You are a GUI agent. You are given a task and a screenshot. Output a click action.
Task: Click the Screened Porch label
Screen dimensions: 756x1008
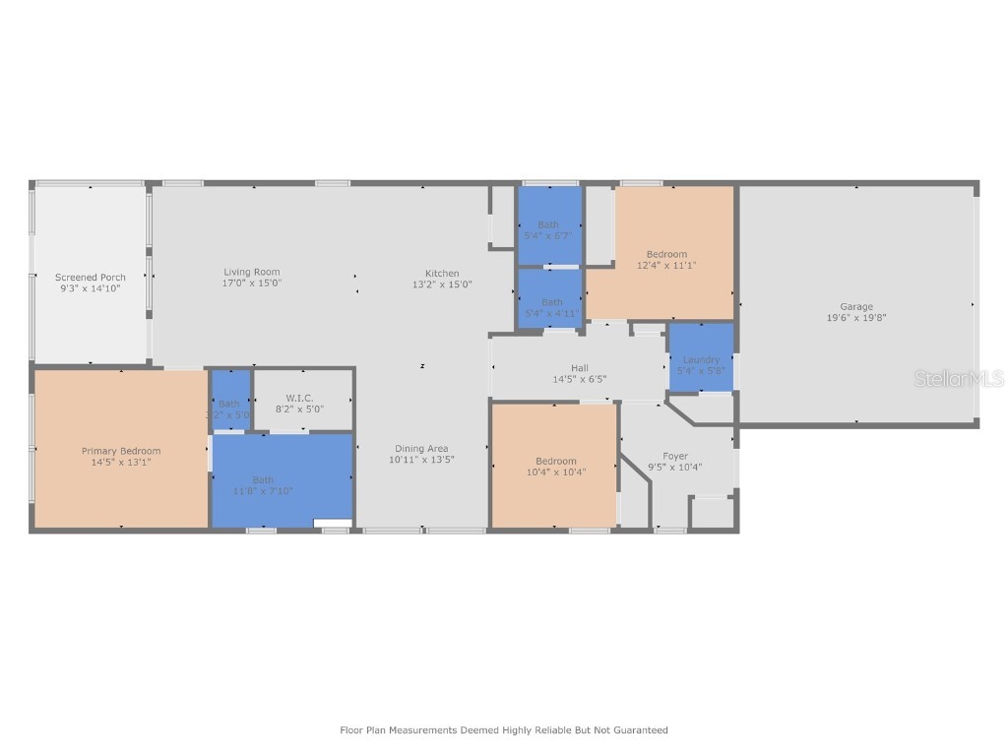91,278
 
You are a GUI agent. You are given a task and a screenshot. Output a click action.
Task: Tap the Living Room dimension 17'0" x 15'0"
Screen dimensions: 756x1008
252,283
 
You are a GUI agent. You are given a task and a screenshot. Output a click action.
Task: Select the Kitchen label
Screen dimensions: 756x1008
442,274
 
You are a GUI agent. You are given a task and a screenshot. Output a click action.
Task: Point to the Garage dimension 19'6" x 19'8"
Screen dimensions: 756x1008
856,318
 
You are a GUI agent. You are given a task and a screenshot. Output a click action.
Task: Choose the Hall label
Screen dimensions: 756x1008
580,368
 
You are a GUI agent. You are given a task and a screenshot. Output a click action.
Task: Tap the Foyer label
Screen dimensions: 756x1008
675,456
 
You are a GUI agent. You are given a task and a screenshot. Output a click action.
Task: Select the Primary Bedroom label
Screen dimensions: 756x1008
121,451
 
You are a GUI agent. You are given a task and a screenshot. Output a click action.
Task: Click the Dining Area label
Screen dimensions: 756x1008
422,449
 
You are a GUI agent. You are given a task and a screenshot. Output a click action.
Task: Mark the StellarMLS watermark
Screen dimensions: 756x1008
959,379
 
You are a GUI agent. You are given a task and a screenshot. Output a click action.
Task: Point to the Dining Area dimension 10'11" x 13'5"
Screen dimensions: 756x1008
422,460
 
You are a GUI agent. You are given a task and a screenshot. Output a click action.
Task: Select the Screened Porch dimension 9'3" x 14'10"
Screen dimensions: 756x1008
91,288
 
